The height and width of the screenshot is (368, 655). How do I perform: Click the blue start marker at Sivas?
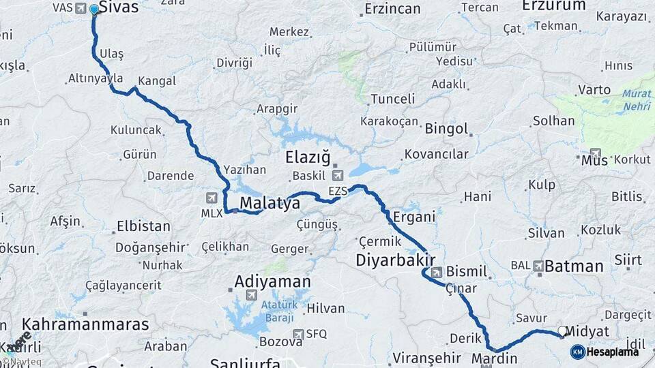click(93, 10)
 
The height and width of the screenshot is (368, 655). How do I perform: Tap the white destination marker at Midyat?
click(562, 331)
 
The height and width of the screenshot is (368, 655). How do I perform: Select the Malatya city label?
click(270, 203)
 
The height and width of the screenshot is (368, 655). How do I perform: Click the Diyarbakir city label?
click(395, 260)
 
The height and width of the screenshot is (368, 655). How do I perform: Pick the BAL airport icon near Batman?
click(538, 266)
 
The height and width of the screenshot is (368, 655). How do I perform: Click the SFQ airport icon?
click(297, 334)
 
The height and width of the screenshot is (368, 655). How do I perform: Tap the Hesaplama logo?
click(605, 352)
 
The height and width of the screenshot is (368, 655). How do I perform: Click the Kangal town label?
click(157, 81)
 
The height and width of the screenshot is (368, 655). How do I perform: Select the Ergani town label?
click(414, 217)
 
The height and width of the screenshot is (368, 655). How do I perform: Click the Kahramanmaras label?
click(85, 324)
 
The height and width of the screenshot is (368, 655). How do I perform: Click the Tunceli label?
click(392, 99)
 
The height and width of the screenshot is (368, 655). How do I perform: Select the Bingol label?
click(446, 129)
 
